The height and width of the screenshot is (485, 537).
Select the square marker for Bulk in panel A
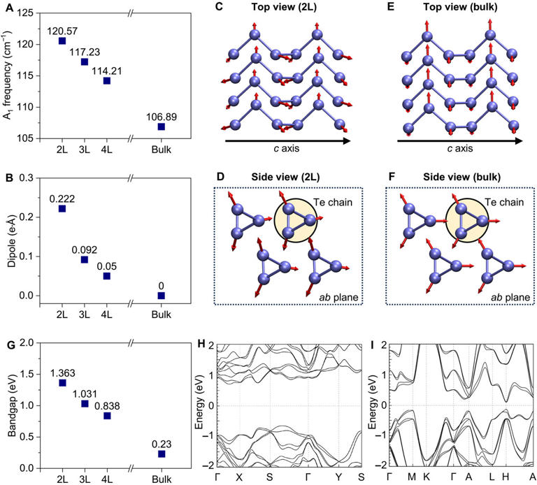coord(161,126)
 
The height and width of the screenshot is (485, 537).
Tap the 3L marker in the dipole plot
coord(84,260)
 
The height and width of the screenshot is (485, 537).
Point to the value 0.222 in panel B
coord(62,198)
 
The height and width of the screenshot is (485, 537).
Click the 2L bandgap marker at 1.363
coord(62,383)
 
